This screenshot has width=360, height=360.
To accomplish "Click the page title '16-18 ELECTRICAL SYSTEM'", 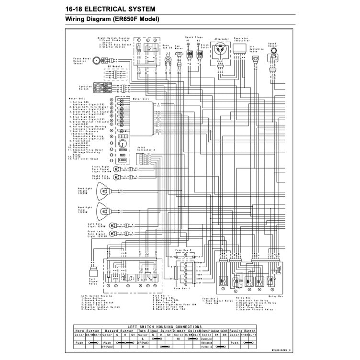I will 107,8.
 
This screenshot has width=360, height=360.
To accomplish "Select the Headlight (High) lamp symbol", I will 102,191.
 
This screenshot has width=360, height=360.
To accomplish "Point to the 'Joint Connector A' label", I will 146,149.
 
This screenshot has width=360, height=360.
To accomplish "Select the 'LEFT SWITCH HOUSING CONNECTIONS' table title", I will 165,326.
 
